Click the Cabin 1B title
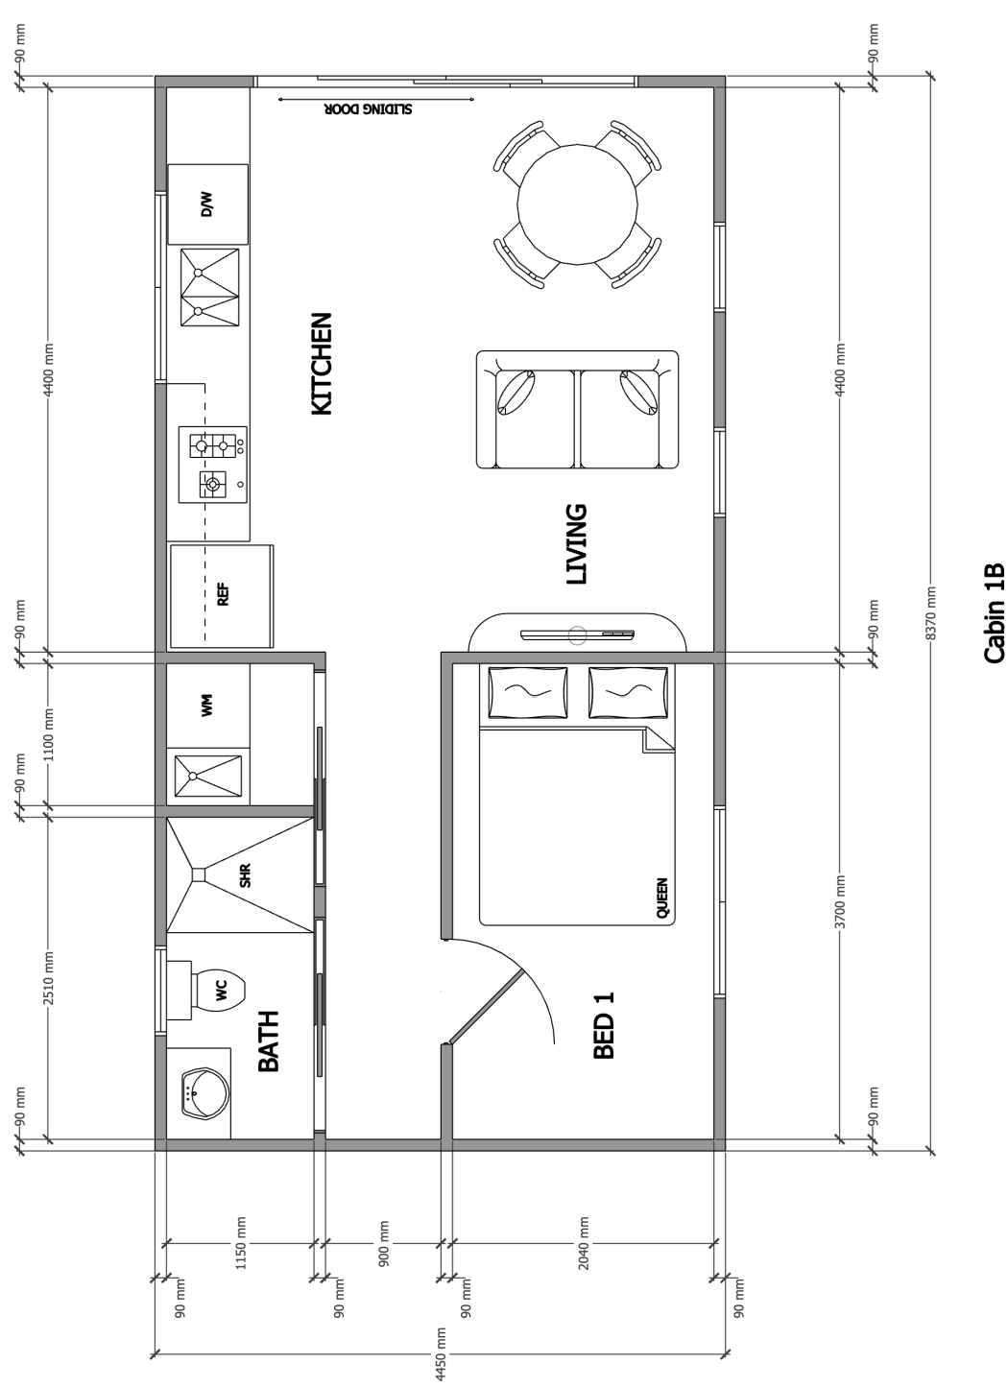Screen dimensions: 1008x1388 (x=994, y=613)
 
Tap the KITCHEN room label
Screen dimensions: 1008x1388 (x=322, y=364)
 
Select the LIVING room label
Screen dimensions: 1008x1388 (x=577, y=544)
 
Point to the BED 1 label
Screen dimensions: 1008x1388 (x=604, y=1025)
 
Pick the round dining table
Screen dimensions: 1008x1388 (x=577, y=204)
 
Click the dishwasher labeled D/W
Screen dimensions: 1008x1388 (x=208, y=204)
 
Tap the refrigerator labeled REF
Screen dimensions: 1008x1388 (x=222, y=596)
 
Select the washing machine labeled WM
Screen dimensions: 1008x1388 (x=207, y=706)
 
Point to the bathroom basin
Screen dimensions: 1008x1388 (x=205, y=1093)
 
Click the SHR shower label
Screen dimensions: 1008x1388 (x=246, y=875)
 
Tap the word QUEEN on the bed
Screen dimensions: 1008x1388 (x=661, y=897)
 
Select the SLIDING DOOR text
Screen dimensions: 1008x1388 (x=368, y=109)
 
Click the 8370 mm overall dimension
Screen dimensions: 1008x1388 (x=931, y=613)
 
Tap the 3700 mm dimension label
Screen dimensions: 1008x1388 (x=840, y=901)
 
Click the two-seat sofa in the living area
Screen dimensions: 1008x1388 (x=577, y=410)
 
